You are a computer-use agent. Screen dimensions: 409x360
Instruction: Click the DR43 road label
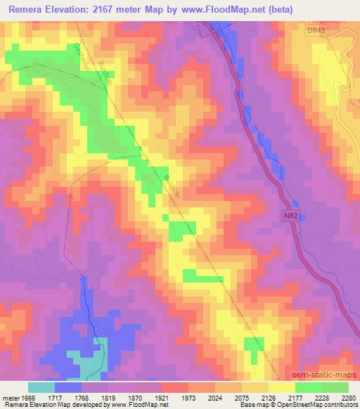pyautogui.click(x=317, y=31)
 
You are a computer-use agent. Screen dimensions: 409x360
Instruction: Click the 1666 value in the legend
pyautogui.click(x=27, y=397)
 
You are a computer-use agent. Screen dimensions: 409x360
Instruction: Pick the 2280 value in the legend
pyautogui.click(x=349, y=397)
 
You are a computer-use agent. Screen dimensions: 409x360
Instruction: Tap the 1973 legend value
pyautogui.click(x=188, y=397)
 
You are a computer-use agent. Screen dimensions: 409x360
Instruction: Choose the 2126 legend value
pyautogui.click(x=269, y=397)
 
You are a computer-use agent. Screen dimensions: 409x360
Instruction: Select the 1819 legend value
pyautogui.click(x=108, y=397)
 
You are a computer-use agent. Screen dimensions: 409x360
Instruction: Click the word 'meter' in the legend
pyautogui.click(x=9, y=397)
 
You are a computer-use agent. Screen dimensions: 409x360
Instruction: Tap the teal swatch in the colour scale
pyautogui.click(x=41, y=387)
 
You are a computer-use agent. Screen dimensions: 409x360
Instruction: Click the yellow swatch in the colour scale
pyautogui.click(x=281, y=387)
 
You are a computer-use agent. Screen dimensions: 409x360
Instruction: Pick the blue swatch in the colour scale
pyautogui.click(x=67, y=387)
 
